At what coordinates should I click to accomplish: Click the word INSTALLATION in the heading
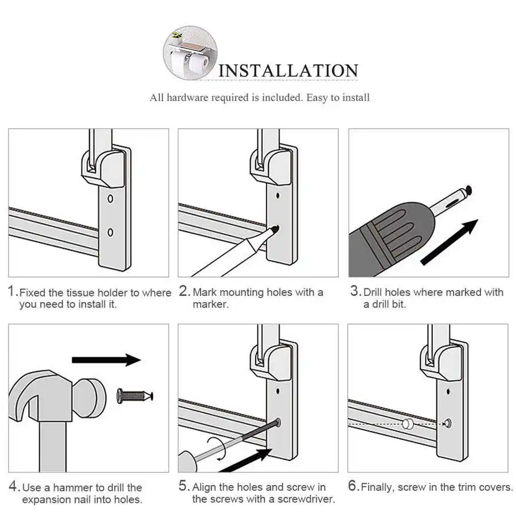[288, 71]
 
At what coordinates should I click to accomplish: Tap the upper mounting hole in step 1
[111, 201]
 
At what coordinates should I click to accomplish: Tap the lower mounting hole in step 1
[111, 232]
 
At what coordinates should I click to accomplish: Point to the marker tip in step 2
[275, 229]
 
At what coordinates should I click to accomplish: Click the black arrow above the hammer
[106, 360]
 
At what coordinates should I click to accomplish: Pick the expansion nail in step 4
[135, 395]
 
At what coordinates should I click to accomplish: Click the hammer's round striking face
[90, 395]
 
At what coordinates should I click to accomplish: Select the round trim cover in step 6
[408, 424]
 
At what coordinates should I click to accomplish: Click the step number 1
[12, 291]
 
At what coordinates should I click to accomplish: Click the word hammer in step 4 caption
[74, 488]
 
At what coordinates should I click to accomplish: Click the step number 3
[355, 291]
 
